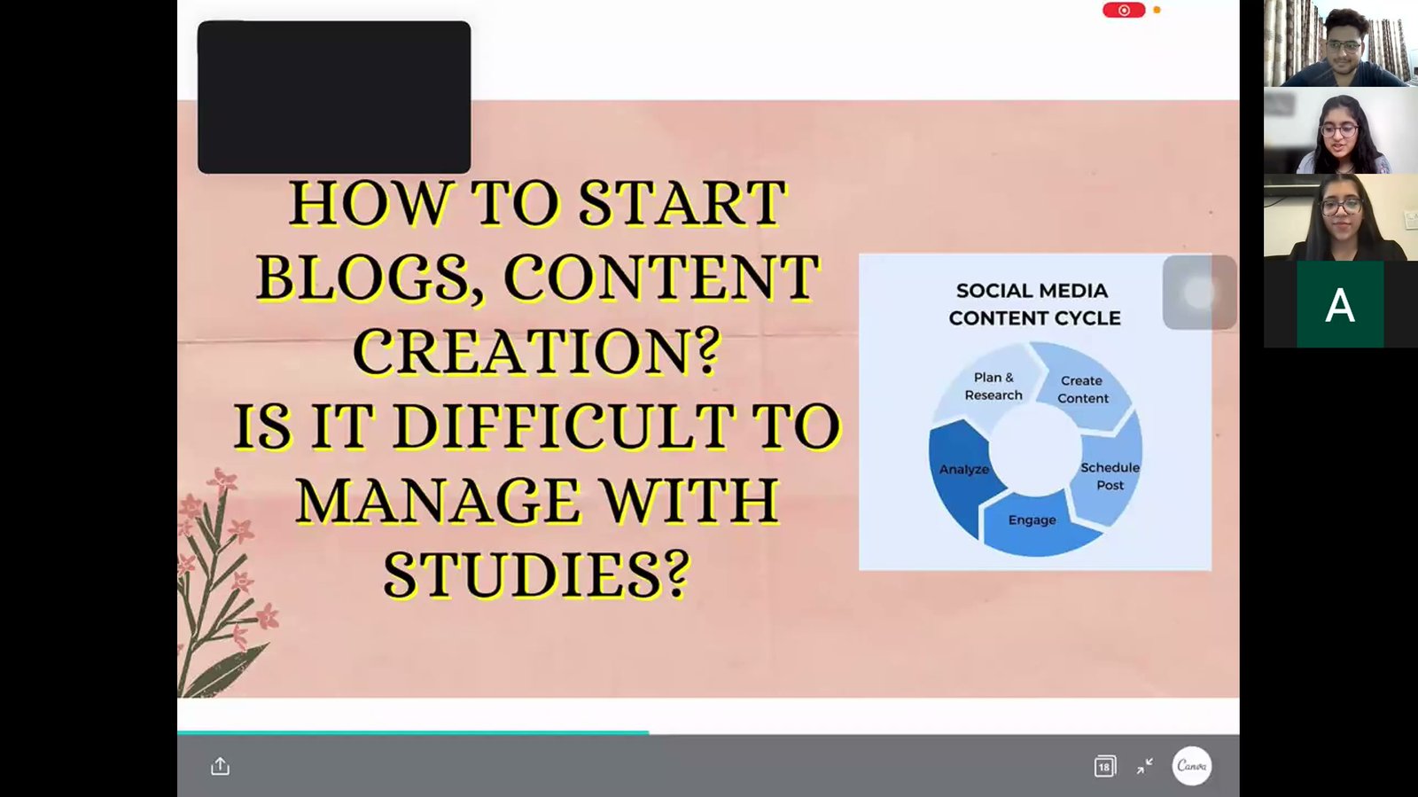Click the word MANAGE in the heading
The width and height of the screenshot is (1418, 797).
[x=438, y=501]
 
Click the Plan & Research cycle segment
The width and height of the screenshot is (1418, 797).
[x=989, y=387]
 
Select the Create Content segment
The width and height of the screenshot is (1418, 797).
[x=1084, y=387]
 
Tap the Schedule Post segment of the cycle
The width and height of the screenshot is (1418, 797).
[x=1109, y=476]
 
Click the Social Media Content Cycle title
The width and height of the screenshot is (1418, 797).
[x=1034, y=304]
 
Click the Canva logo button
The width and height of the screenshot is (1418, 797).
[x=1192, y=766]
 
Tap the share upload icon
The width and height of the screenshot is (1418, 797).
[x=220, y=766]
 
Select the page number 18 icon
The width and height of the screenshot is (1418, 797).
[x=1104, y=766]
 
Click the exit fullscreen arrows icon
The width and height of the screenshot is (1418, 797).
[x=1144, y=766]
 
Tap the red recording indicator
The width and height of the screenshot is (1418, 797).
[x=1124, y=10]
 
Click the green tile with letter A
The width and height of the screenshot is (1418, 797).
[x=1340, y=304]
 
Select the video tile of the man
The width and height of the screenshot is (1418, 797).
[x=1341, y=43]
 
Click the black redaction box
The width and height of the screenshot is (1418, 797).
[x=334, y=97]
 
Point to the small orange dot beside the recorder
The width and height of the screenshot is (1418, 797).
[x=1157, y=10]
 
